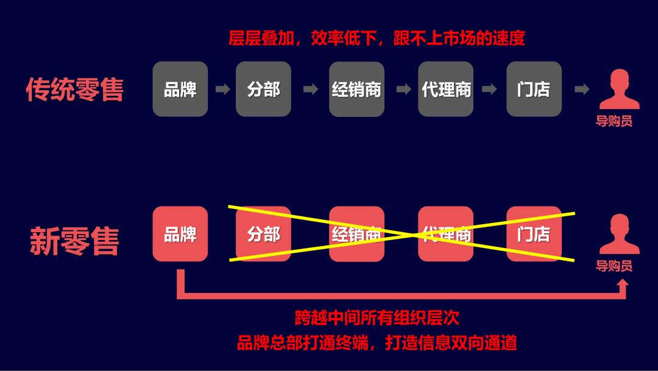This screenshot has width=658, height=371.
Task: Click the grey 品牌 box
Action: click(180, 89)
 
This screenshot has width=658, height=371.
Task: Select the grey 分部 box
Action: click(263, 89)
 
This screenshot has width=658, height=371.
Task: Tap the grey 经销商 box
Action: click(356, 89)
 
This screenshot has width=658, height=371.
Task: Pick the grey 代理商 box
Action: click(446, 89)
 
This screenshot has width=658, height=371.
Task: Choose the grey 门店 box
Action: click(534, 89)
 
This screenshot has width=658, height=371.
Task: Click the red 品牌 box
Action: click(180, 234)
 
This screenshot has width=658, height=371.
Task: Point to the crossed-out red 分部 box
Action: click(263, 234)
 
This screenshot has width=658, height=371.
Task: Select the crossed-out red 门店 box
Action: click(534, 234)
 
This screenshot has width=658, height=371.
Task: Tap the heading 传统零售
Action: click(74, 90)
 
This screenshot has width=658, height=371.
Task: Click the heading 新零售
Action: click(74, 241)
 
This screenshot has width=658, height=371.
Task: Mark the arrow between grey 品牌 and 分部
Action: click(222, 90)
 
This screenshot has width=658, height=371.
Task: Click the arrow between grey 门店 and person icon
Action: click(582, 90)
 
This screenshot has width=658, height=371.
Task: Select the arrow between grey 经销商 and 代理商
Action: click(403, 90)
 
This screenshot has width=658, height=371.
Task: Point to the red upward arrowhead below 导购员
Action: click(622, 284)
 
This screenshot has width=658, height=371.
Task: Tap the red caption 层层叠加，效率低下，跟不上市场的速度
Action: click(377, 38)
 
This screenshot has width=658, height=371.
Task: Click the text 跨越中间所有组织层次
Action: click(377, 317)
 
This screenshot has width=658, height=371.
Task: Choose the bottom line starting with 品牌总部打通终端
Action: click(377, 343)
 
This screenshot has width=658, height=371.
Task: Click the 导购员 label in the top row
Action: click(614, 121)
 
